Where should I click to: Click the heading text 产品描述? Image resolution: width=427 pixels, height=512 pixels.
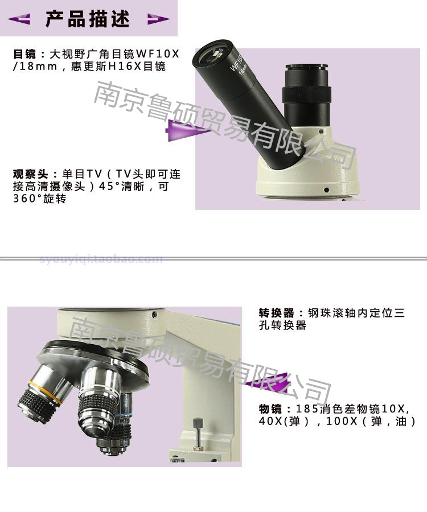click(88, 19)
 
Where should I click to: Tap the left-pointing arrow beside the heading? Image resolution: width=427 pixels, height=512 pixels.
click(19, 19)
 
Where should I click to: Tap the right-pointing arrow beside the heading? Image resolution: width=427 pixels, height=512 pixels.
click(158, 19)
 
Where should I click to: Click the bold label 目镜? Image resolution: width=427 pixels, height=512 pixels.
click(24, 53)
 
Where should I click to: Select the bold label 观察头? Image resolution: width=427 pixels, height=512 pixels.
click(30, 174)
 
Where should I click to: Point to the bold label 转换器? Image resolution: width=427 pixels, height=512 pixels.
click(276, 313)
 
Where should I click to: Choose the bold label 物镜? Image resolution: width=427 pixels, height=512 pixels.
click(270, 409)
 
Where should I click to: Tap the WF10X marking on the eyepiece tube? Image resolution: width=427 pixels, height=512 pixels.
click(236, 63)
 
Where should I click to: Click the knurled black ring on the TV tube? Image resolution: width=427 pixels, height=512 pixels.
click(307, 95)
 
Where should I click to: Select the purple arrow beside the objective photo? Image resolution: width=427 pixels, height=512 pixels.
click(267, 382)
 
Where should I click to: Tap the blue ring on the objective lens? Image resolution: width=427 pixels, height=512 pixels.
click(123, 415)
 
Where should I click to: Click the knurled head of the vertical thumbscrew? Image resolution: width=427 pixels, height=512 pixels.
click(198, 423)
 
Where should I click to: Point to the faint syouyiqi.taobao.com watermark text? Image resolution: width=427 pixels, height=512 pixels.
click(101, 259)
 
